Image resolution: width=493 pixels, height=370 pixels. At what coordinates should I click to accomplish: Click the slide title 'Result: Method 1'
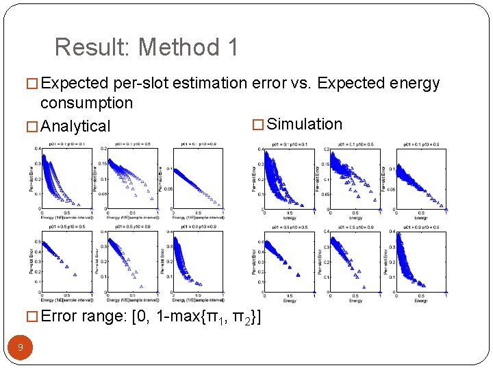147,47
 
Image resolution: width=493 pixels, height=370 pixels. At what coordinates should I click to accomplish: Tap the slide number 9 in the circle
21,347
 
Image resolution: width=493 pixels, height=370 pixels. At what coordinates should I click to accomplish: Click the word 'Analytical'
75,126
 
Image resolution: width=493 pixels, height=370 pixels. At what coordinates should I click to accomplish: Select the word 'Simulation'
305,124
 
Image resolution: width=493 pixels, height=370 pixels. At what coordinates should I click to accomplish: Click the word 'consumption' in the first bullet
86,103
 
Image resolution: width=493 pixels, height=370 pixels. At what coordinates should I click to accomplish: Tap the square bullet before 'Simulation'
258,125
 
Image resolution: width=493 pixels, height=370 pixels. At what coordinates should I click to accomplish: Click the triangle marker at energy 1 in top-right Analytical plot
223,208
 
